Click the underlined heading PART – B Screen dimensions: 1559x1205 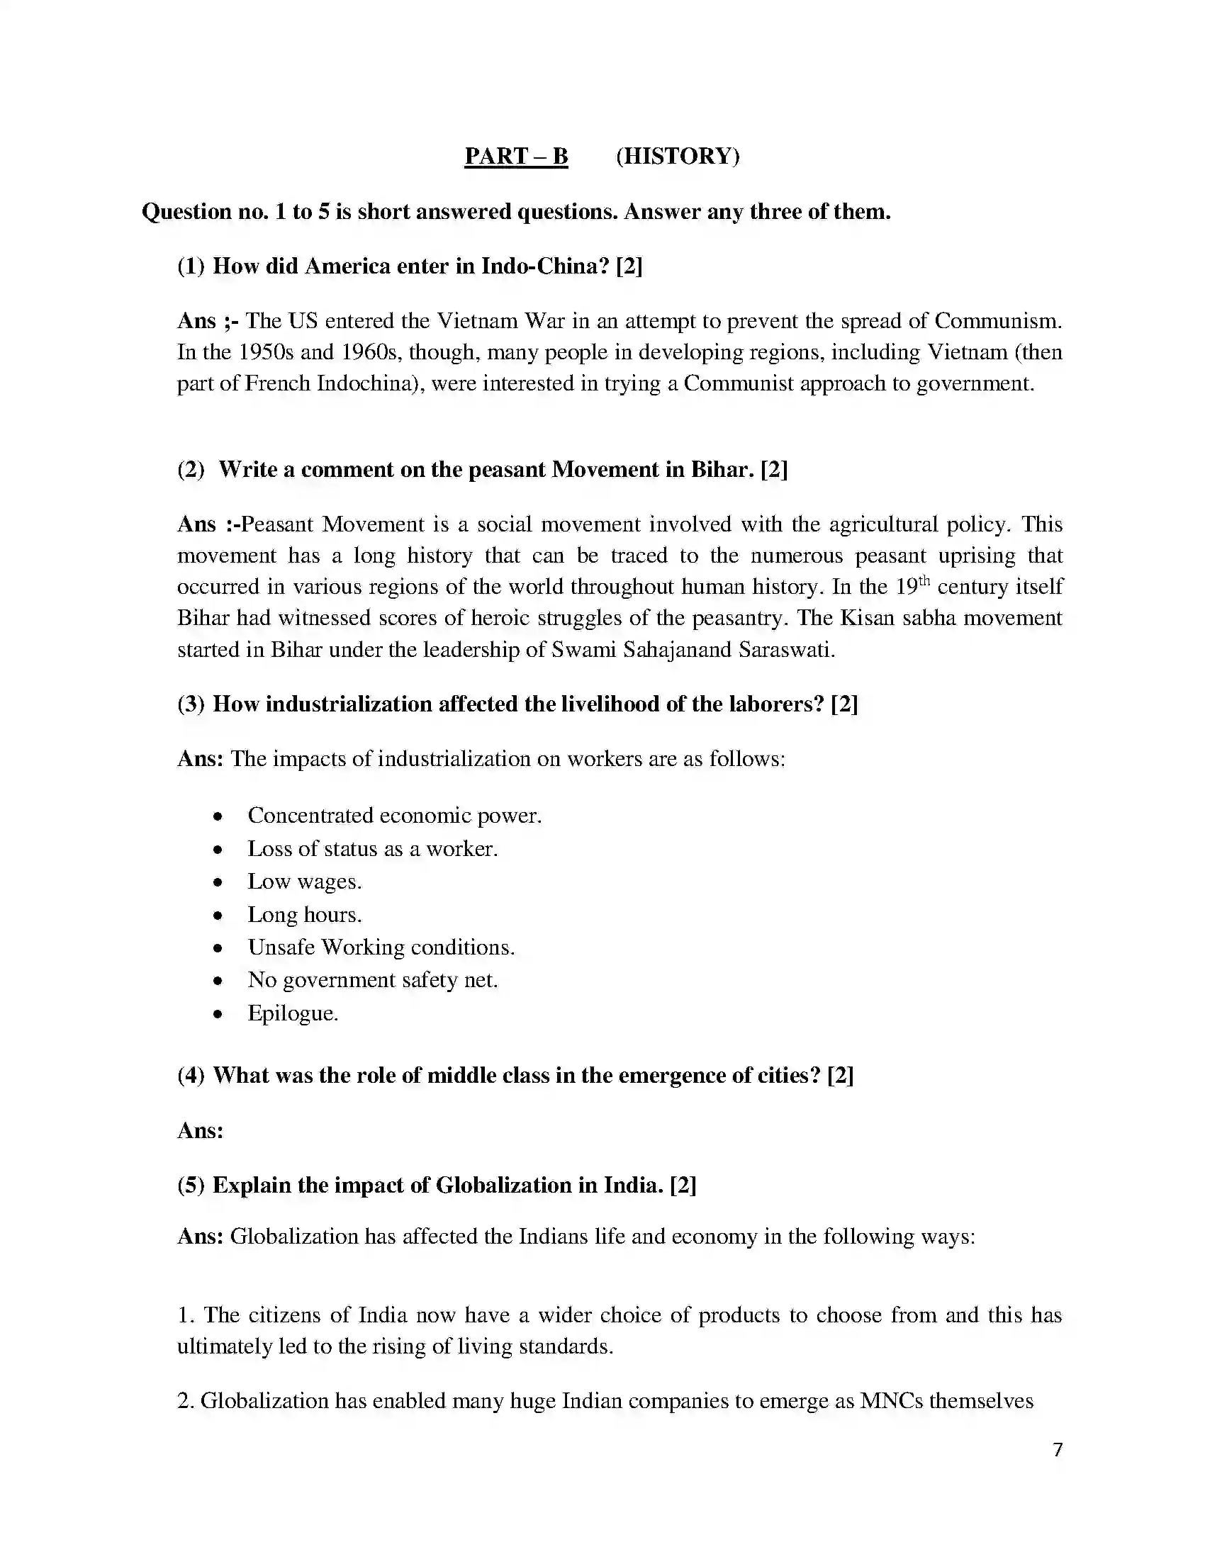(515, 157)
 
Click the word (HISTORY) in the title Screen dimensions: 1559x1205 (678, 157)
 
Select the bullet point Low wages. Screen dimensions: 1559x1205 (304, 882)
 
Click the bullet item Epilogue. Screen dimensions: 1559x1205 (293, 1013)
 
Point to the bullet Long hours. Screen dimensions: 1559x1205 (304, 914)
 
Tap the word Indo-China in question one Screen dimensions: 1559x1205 (545, 266)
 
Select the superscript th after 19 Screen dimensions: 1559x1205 (924, 580)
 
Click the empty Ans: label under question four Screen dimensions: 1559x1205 (201, 1131)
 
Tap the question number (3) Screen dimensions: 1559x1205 (191, 704)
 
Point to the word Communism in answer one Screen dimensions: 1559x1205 (997, 321)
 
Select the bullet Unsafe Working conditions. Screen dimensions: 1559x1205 (381, 947)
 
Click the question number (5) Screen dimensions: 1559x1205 (191, 1186)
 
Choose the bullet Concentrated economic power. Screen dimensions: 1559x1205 (394, 816)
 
